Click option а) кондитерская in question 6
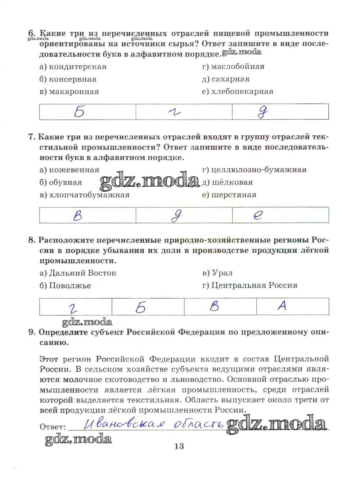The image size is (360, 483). pyautogui.click(x=73, y=67)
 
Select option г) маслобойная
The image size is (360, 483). pyautogui.click(x=233, y=67)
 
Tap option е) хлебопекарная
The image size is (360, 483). pyautogui.click(x=238, y=92)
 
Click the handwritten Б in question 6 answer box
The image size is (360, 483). pyautogui.click(x=79, y=112)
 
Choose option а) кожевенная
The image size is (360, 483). pyautogui.click(x=69, y=170)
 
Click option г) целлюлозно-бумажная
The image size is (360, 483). pyautogui.click(x=254, y=170)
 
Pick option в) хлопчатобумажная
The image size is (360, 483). pyautogui.click(x=85, y=195)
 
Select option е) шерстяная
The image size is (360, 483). pyautogui.click(x=229, y=195)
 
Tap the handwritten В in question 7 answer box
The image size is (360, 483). pyautogui.click(x=77, y=215)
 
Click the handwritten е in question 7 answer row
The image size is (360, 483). pyautogui.click(x=258, y=215)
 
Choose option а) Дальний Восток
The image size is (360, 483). pyautogui.click(x=78, y=273)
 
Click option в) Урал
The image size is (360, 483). pyautogui.click(x=217, y=273)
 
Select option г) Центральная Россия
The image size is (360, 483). pyautogui.click(x=250, y=286)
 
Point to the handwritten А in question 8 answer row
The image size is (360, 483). pyautogui.click(x=282, y=306)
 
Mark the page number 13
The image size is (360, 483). pyautogui.click(x=179, y=447)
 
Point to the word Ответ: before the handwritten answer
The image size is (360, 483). pyautogui.click(x=53, y=427)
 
